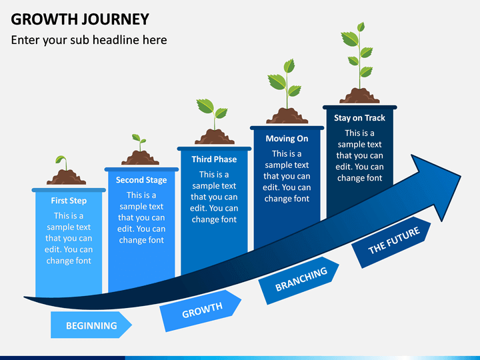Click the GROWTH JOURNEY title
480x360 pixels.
pos(80,19)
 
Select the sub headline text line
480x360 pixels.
pos(89,40)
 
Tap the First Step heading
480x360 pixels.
pos(69,201)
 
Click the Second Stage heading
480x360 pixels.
pos(141,180)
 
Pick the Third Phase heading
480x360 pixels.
pos(214,159)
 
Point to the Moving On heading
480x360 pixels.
pos(287,139)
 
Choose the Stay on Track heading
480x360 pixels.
pos(359,118)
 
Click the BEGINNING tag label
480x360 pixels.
pos(91,325)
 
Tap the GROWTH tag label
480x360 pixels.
pos(202,311)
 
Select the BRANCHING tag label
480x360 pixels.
pos(301,279)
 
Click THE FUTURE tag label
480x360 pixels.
pos(394,241)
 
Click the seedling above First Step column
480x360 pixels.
pos(62,163)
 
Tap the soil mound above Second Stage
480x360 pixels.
pos(140,158)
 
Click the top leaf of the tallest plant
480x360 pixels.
pos(361,27)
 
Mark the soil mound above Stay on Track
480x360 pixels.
pos(359,96)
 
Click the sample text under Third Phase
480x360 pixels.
pos(214,197)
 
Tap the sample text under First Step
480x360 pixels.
pos(69,238)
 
